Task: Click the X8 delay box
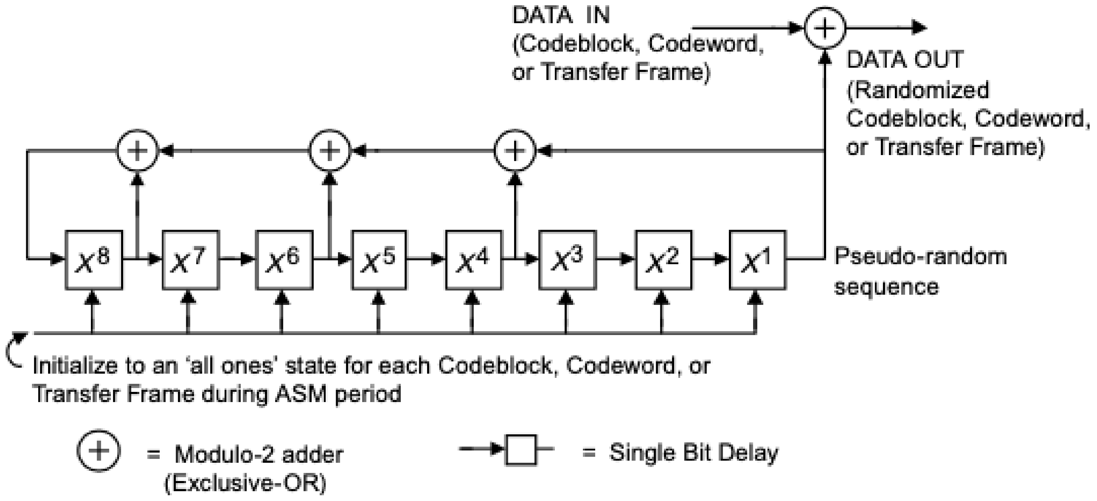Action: (x=94, y=260)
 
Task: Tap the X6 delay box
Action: (x=284, y=260)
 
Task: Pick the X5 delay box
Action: (x=379, y=260)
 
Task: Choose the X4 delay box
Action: (x=473, y=260)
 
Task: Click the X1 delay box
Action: (x=757, y=260)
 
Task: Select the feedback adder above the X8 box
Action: (x=137, y=151)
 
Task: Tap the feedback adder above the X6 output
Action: (x=329, y=151)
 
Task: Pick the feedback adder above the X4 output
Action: (x=515, y=151)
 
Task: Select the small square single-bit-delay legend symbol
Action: (x=520, y=449)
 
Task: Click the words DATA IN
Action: (x=560, y=16)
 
